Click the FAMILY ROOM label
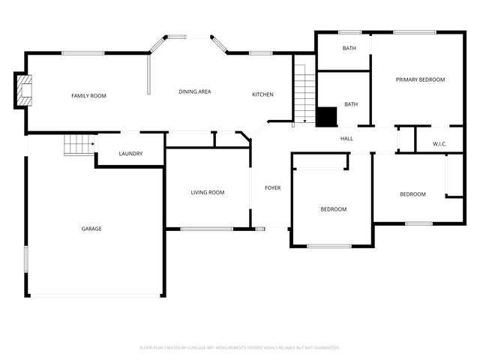point(88,96)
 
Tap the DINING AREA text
point(195,91)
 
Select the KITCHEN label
point(262,94)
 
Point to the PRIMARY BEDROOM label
point(420,79)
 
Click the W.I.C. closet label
point(439,144)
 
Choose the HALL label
point(346,139)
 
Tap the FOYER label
point(273,187)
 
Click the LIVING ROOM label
point(208,192)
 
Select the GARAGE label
point(91,229)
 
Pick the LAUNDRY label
point(130,153)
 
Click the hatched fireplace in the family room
point(24,90)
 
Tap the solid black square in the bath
point(327,116)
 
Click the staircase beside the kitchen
point(305,94)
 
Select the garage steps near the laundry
point(79,145)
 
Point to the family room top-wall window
point(83,53)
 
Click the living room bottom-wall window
point(207,229)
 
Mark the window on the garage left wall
point(26,259)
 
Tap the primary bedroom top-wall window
point(415,32)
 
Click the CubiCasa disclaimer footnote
point(240,348)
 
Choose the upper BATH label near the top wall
point(349,48)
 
